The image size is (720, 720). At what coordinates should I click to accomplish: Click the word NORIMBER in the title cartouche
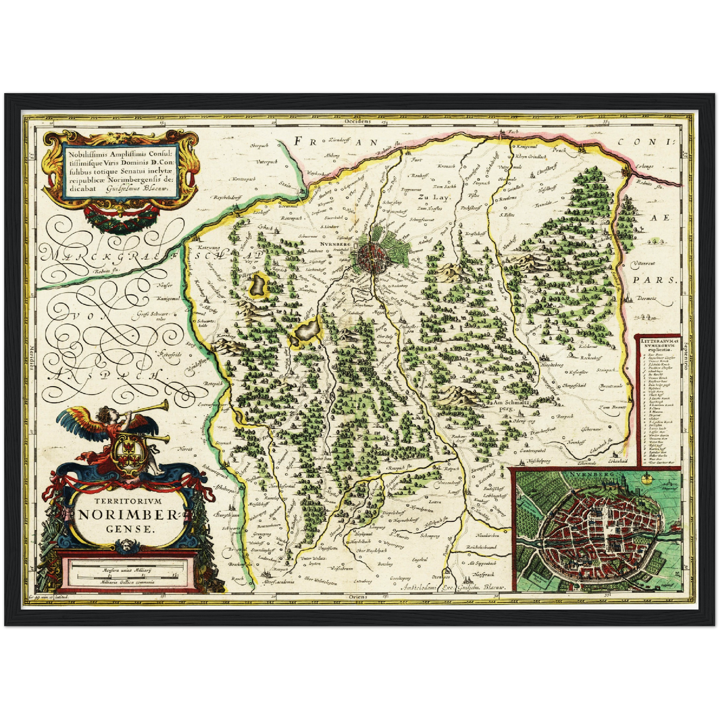(x=119, y=515)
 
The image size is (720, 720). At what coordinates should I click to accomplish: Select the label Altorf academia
(x=278, y=581)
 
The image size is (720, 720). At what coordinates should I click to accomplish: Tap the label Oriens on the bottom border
(x=358, y=596)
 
